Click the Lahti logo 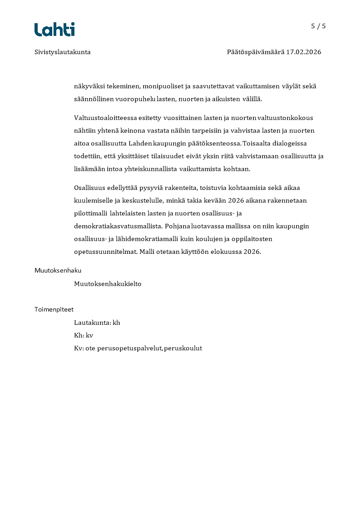(54, 30)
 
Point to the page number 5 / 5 (318, 26)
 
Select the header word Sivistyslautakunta (62, 52)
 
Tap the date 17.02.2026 (303, 52)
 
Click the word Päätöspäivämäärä (255, 52)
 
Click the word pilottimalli (90, 213)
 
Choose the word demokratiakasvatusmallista (118, 226)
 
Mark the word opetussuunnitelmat (105, 252)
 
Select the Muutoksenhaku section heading (58, 270)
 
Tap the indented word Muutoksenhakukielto (108, 284)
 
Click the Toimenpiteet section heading (54, 309)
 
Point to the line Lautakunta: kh (97, 322)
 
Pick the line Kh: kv (84, 336)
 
